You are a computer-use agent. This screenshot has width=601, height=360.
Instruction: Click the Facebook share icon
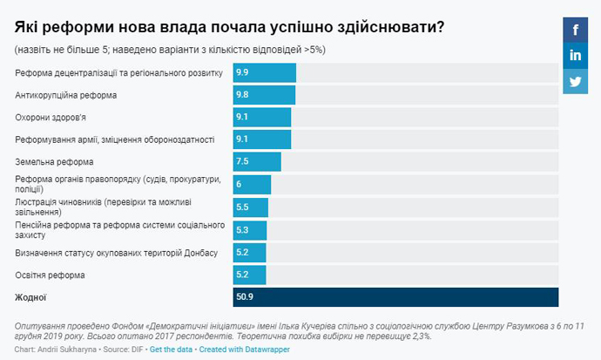[576, 30]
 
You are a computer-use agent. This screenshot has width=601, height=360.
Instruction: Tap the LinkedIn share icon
[576, 56]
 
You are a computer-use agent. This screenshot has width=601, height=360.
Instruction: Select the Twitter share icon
[576, 82]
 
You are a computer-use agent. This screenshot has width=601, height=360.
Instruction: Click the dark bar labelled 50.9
[396, 297]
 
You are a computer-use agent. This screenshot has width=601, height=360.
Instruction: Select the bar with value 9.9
[265, 71]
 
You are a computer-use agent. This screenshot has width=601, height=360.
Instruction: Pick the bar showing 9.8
[265, 94]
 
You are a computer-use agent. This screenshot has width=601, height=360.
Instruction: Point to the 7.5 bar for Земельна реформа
[258, 161]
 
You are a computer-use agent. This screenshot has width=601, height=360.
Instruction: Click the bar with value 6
[253, 185]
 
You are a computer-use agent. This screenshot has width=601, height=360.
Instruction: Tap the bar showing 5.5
[251, 207]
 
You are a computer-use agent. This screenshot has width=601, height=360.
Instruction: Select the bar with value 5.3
[250, 229]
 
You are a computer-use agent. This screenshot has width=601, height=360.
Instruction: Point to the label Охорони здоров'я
[51, 117]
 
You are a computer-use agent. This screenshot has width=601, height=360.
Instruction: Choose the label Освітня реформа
[51, 275]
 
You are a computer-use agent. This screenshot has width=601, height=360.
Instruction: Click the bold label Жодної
[30, 298]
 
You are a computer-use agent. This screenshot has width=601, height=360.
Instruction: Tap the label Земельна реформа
[55, 161]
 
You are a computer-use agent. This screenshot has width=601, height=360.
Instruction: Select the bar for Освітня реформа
[250, 275]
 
